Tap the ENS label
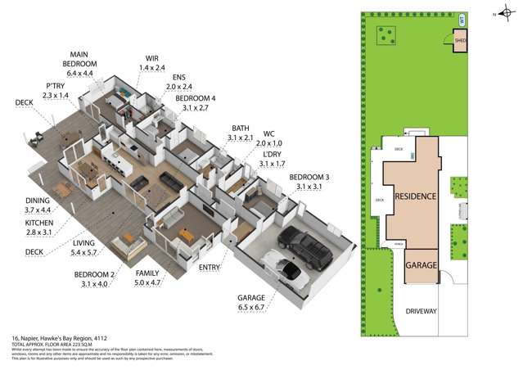(x=178, y=76)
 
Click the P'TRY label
(x=56, y=85)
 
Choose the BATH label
(x=241, y=128)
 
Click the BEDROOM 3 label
(x=309, y=177)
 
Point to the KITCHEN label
(x=38, y=222)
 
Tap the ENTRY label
(x=210, y=267)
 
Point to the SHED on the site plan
(x=460, y=40)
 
